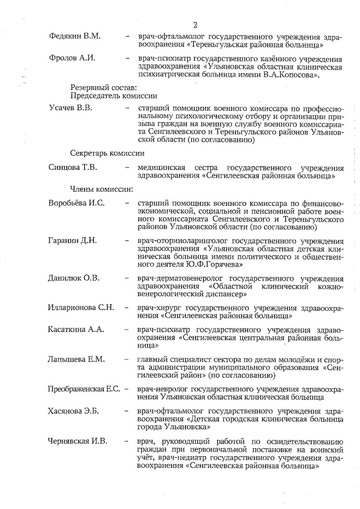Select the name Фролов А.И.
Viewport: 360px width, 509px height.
[72, 58]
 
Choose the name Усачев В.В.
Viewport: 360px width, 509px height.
[70, 107]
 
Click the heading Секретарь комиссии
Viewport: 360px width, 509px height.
[107, 153]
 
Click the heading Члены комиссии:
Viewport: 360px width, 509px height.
[102, 188]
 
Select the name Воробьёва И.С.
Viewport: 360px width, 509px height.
[76, 203]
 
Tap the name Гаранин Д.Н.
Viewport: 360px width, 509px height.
[73, 241]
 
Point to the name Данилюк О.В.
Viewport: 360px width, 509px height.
[74, 278]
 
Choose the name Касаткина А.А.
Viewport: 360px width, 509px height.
[76, 330]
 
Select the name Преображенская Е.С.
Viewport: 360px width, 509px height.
[85, 389]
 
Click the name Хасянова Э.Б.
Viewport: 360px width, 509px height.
[74, 411]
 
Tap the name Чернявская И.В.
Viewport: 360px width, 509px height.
[78, 441]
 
